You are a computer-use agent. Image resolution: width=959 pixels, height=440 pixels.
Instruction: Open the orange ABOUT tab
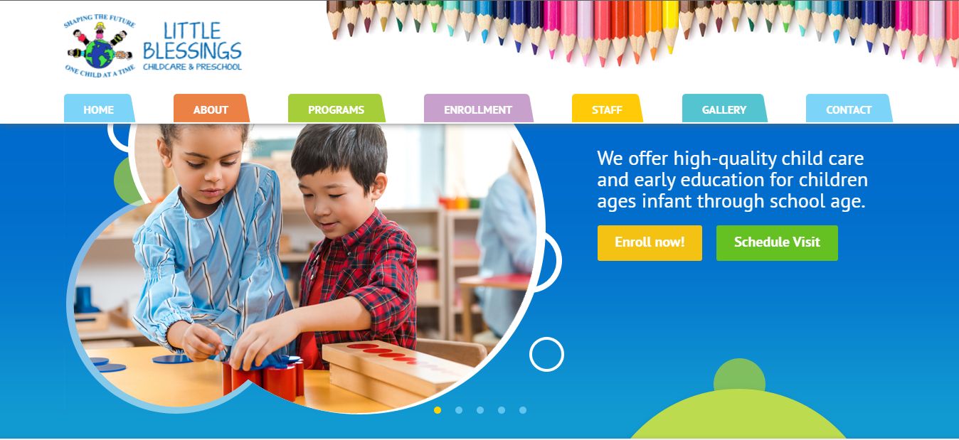[x=211, y=109]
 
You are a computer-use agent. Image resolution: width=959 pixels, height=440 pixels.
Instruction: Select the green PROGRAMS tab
[x=337, y=109]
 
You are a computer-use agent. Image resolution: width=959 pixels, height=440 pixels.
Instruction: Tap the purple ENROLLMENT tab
[x=478, y=109]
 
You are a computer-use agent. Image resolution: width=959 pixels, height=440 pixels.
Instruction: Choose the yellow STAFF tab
[x=607, y=109]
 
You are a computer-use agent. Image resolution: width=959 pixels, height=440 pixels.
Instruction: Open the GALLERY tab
[x=724, y=109]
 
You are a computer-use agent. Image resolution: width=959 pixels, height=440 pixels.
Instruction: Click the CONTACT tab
[x=849, y=109]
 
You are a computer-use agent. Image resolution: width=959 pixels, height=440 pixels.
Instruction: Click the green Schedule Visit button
[x=777, y=243]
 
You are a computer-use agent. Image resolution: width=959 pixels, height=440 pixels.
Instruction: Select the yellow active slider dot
[x=437, y=410]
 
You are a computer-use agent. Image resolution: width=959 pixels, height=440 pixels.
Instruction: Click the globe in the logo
[x=100, y=54]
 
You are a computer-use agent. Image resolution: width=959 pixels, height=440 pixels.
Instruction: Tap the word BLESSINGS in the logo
[x=192, y=51]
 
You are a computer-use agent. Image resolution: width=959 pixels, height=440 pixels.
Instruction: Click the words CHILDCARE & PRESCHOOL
[x=192, y=67]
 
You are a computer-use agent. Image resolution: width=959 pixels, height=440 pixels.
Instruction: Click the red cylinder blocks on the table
[x=264, y=378]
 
